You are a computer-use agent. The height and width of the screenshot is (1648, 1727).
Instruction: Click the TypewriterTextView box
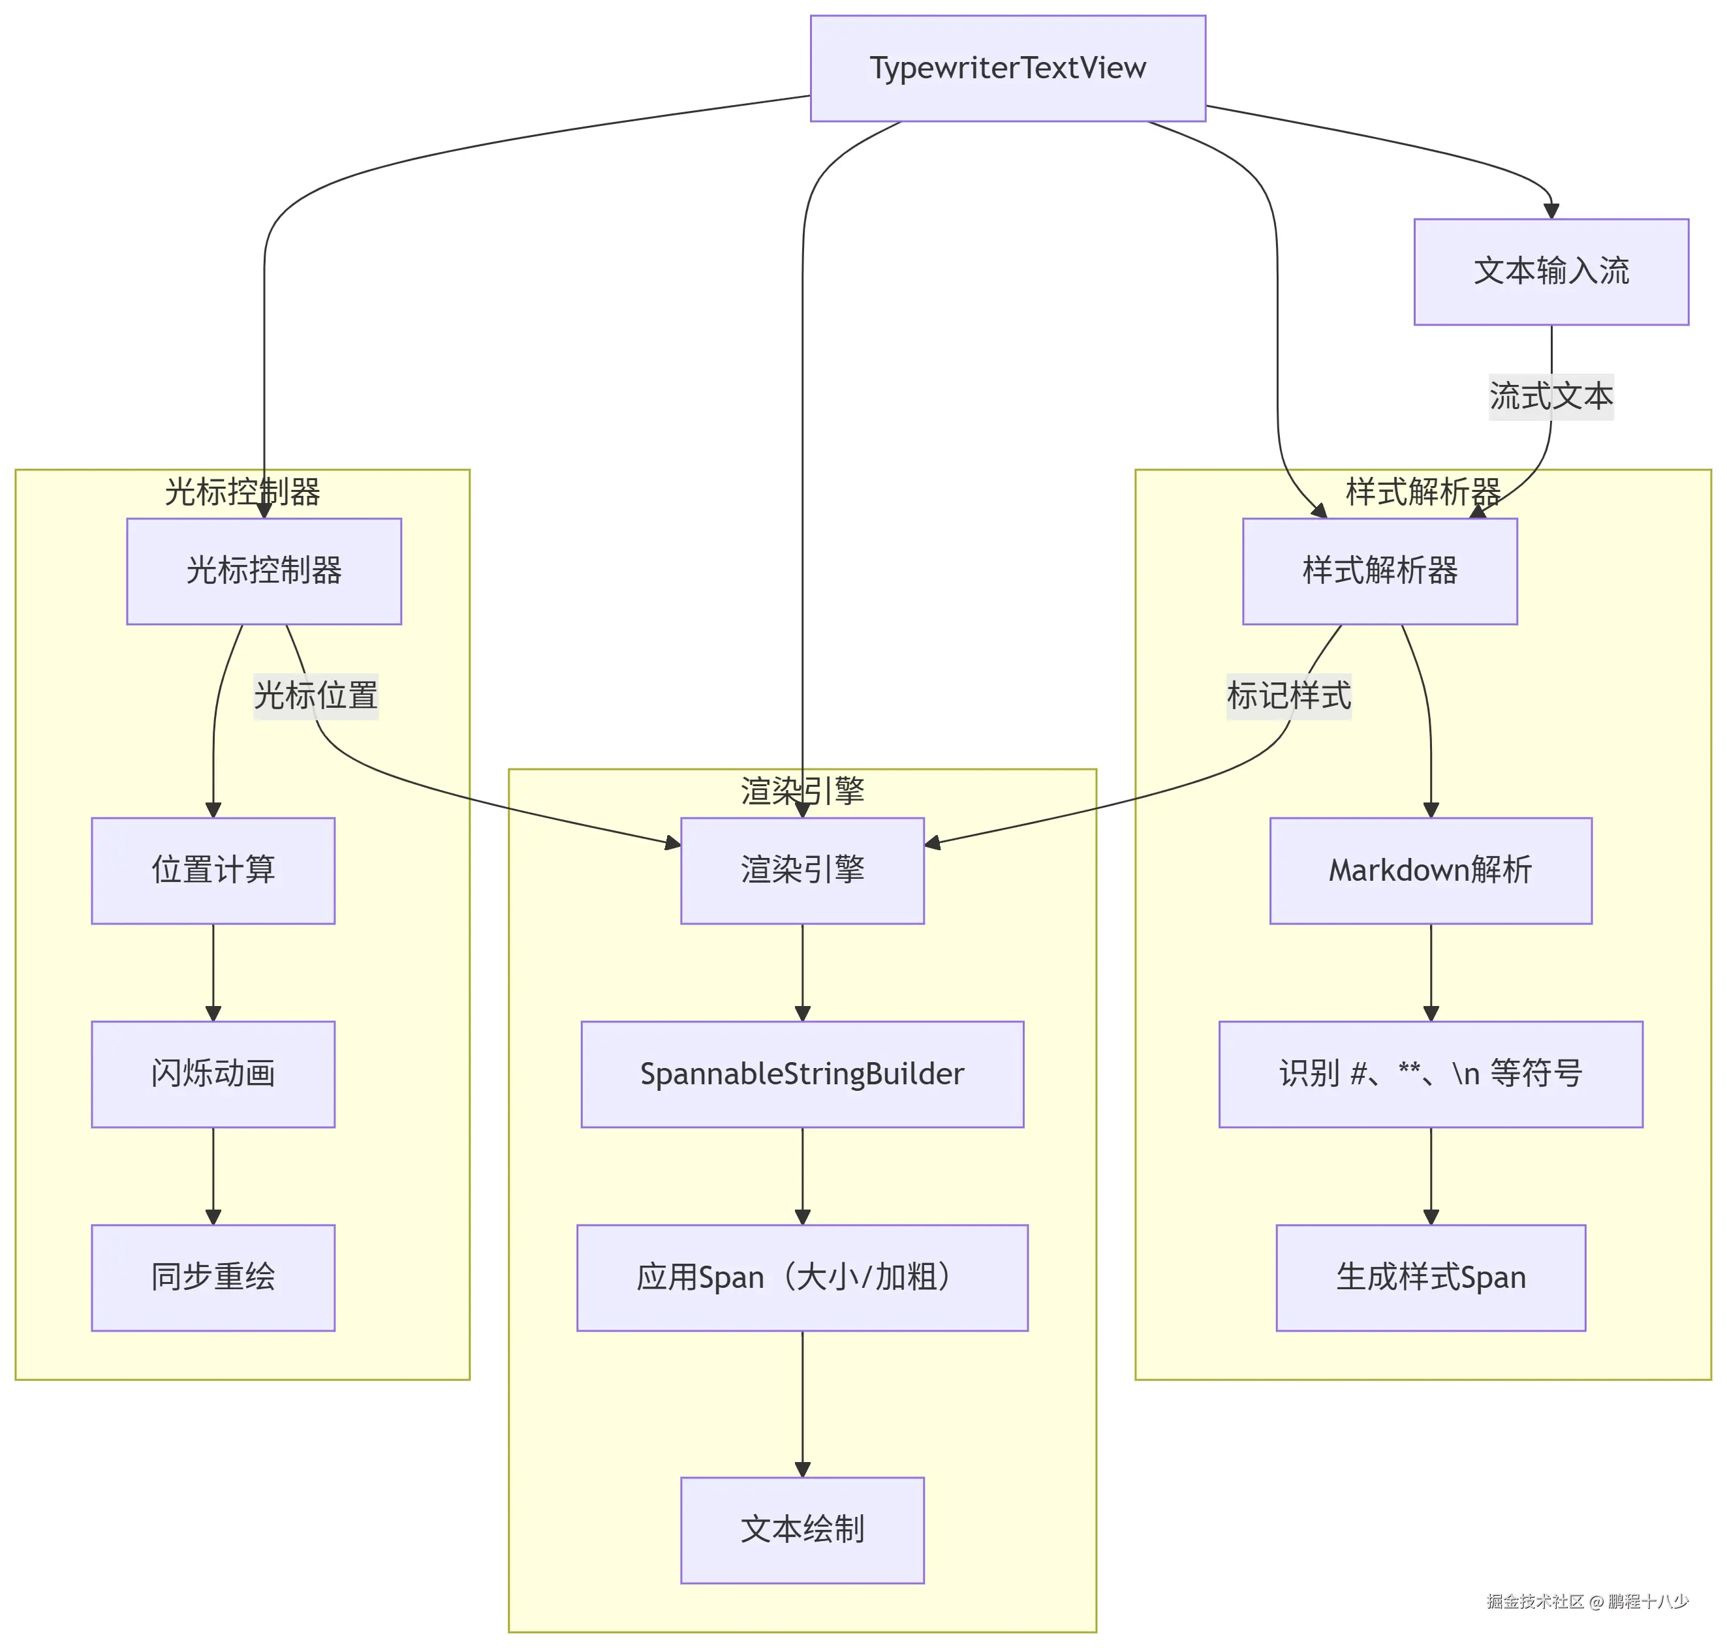pyautogui.click(x=1007, y=69)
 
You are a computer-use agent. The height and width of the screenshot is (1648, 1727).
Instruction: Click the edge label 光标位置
pyautogui.click(x=315, y=695)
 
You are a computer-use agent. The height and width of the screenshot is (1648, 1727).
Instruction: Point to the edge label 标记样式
pyautogui.click(x=1288, y=695)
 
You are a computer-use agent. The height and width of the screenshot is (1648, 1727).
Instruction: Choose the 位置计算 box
pyautogui.click(x=213, y=870)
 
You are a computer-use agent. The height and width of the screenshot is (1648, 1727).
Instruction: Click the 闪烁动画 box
pyautogui.click(x=213, y=1073)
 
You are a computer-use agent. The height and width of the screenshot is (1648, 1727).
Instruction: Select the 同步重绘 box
pyautogui.click(x=213, y=1277)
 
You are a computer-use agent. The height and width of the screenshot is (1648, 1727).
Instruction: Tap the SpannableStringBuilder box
pyautogui.click(x=801, y=1073)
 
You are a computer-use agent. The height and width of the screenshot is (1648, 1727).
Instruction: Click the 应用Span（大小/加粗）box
pyautogui.click(x=801, y=1277)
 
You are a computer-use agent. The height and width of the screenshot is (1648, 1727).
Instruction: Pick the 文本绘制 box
pyautogui.click(x=801, y=1529)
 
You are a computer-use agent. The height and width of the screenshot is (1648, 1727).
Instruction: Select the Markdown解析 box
pyautogui.click(x=1430, y=870)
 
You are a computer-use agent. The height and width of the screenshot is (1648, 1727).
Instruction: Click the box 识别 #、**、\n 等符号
pyautogui.click(x=1430, y=1073)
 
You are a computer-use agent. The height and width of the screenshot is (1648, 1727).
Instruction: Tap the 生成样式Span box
pyautogui.click(x=1430, y=1277)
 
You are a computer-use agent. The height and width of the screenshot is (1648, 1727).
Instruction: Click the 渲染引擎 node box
pyautogui.click(x=801, y=870)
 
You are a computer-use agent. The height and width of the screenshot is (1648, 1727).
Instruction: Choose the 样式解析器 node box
pyautogui.click(x=1379, y=571)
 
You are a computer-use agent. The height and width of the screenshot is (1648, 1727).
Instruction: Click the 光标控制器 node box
pyautogui.click(x=264, y=571)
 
